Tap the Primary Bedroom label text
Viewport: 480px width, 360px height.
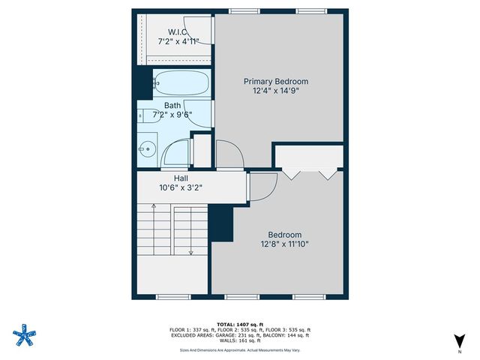[x=276, y=81]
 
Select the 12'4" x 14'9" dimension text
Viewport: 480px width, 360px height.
[x=276, y=92]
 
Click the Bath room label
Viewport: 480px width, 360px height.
[x=172, y=106]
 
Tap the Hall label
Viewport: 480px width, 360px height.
[x=181, y=178]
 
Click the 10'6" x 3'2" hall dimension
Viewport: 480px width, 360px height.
[x=181, y=189]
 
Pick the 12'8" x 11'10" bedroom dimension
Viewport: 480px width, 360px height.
[x=285, y=244]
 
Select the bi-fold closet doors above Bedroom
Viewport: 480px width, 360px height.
[x=308, y=174]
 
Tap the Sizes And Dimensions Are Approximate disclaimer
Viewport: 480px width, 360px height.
[x=239, y=350]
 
